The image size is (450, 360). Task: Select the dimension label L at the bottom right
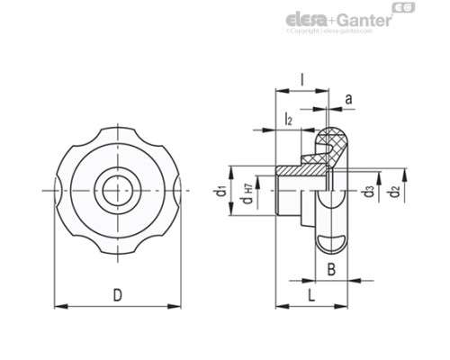tap(309, 294)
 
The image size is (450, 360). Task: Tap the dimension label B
tap(331, 268)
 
